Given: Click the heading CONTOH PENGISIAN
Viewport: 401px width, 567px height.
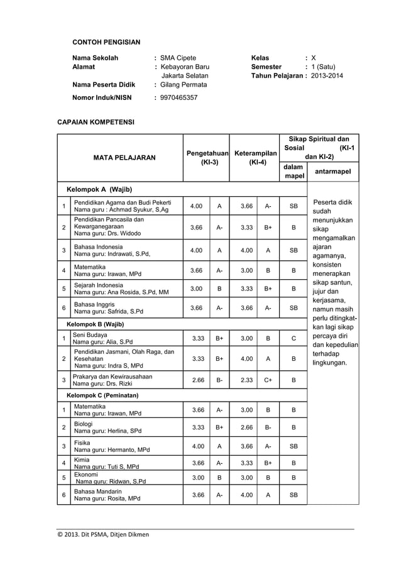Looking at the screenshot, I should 106,43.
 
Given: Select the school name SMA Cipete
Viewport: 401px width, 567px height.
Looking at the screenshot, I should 178,58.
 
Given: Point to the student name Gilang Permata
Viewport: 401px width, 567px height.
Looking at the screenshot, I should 183,84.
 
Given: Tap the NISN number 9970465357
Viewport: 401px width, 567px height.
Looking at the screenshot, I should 179,97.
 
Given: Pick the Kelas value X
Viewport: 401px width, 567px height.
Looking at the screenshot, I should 314,58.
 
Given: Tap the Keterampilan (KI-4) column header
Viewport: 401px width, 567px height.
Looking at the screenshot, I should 255,158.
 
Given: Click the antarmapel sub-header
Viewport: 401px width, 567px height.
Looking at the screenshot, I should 332,171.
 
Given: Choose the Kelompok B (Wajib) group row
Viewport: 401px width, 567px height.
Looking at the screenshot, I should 95,324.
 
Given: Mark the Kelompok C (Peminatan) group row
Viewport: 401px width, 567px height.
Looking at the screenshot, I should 102,395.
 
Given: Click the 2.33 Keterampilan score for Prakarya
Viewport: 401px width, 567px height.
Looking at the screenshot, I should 246,380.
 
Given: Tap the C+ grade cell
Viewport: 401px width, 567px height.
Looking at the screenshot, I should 268,380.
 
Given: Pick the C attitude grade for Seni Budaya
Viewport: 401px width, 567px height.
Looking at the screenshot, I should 293,338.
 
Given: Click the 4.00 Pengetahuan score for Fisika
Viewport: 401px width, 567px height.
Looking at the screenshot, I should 197,446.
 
